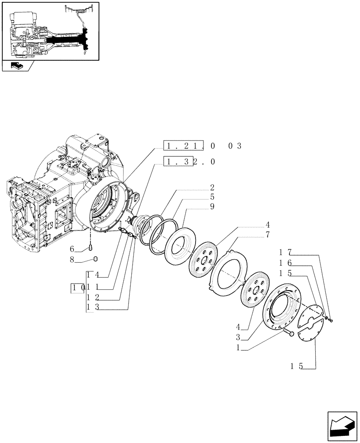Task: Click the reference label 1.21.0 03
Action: coord(202,146)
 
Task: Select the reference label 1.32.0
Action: coord(189,162)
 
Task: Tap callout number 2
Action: coord(212,187)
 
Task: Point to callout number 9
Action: coord(212,206)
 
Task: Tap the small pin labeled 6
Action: coord(90,247)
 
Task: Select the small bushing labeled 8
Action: coord(94,259)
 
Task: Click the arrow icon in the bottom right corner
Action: coord(341,427)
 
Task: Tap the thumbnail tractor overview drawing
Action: coord(50,31)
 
